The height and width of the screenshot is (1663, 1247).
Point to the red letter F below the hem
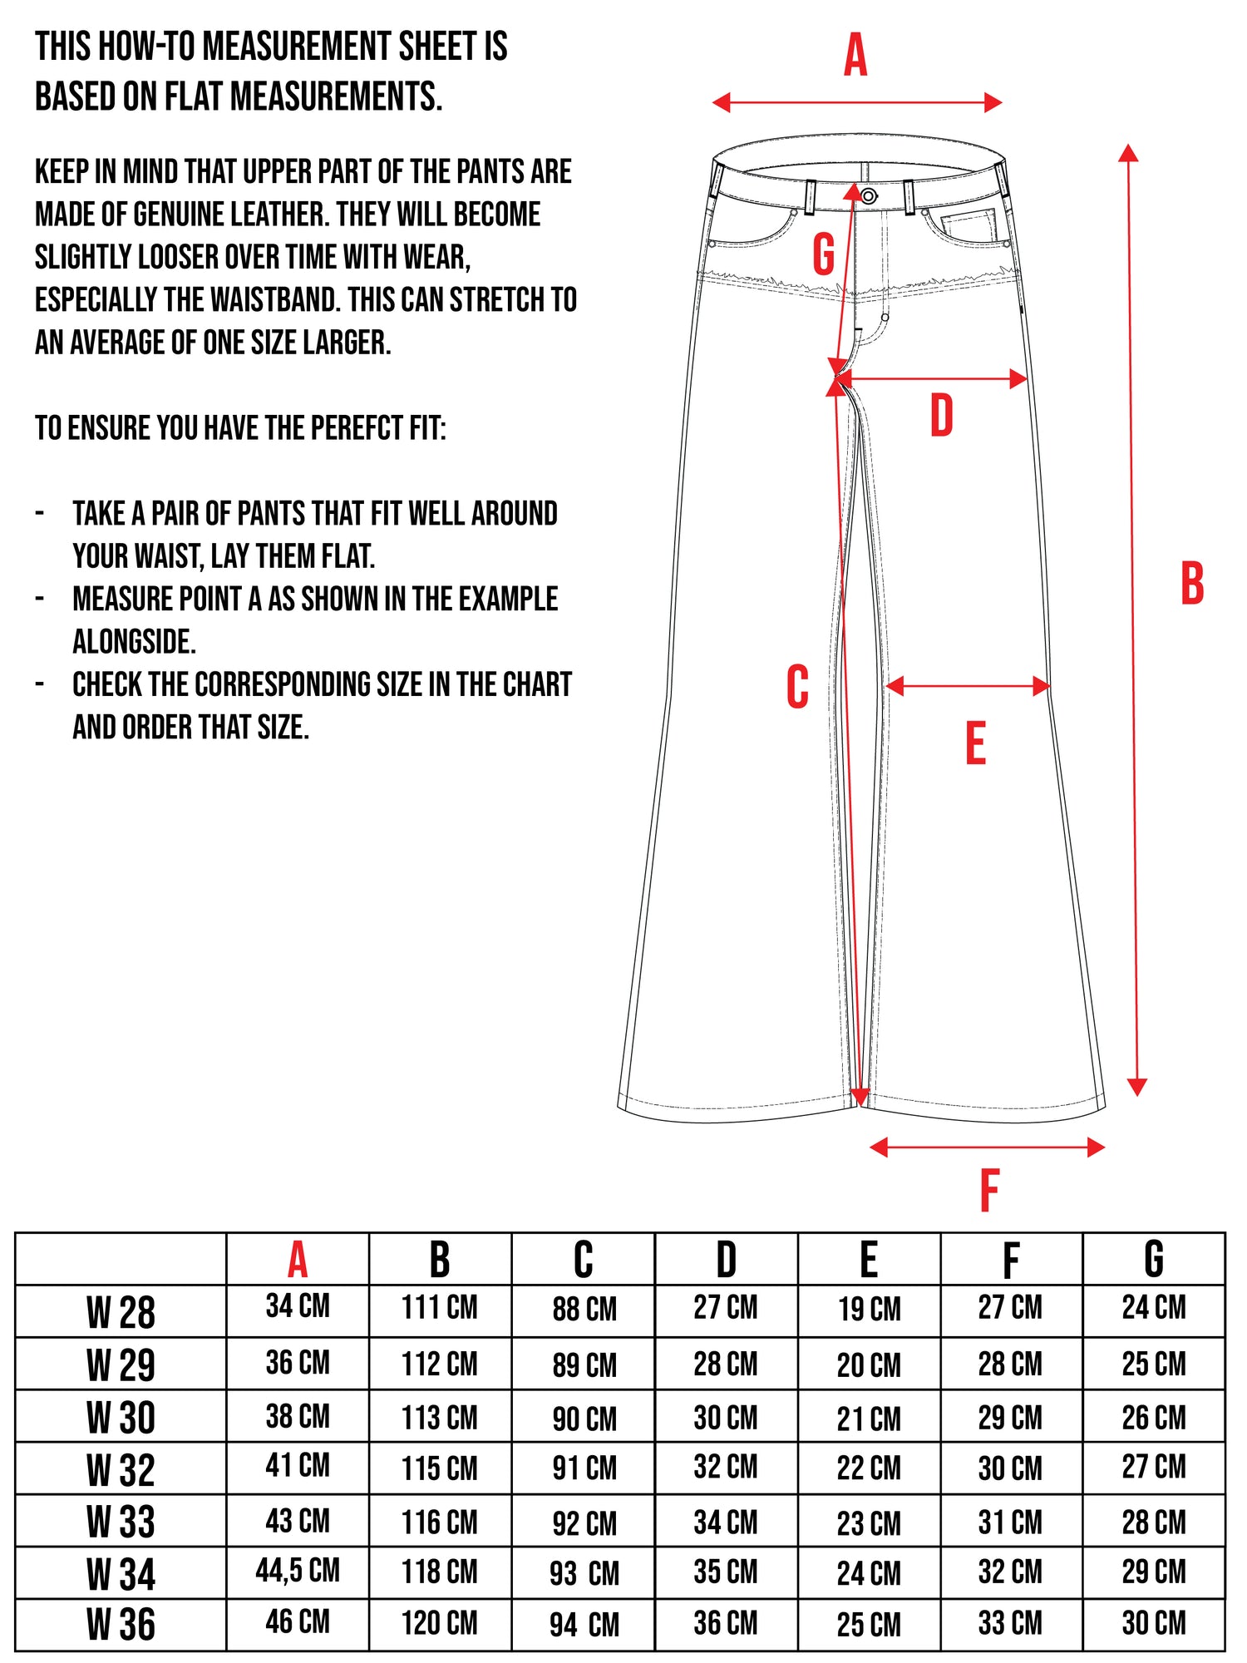click(989, 1190)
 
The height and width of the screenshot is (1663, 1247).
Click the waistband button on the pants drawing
click(869, 196)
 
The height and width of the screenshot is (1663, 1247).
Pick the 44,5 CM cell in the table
click(298, 1571)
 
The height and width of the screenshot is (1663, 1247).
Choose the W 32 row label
click(121, 1470)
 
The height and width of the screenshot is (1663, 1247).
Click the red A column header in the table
click(298, 1261)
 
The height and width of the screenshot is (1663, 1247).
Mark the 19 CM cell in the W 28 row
click(869, 1309)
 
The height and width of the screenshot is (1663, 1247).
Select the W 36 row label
click(121, 1625)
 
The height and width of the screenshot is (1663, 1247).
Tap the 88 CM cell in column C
click(584, 1309)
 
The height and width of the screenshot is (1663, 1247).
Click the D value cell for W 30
click(726, 1417)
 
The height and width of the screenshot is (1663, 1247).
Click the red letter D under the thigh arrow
click(941, 416)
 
